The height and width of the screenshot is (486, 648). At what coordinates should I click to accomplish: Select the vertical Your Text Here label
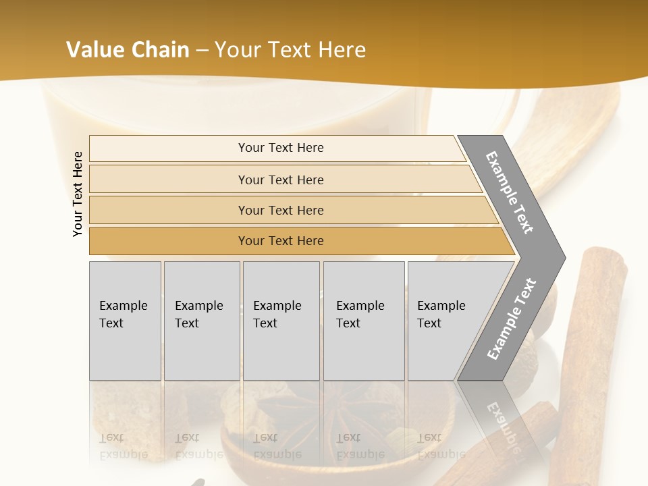pos(78,194)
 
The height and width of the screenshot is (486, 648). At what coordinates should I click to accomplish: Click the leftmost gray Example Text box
pos(125,321)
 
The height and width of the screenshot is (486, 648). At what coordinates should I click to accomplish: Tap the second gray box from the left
pos(202,321)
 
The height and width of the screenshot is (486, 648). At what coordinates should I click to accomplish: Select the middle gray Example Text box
pos(281,321)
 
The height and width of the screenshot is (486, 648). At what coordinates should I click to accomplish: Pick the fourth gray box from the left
pos(364,321)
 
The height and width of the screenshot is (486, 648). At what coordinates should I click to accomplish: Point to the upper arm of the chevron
pos(510,192)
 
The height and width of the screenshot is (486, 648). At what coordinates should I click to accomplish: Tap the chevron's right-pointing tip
pos(560,257)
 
